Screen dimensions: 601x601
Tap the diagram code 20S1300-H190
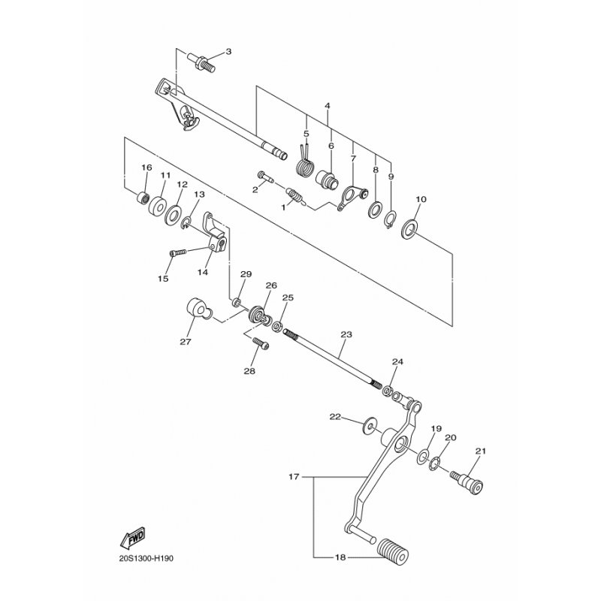click(146, 558)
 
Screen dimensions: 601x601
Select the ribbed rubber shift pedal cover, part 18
click(393, 551)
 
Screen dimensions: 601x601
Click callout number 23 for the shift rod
click(346, 334)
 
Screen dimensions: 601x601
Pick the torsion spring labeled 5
click(306, 163)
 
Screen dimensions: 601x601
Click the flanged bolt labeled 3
click(201, 63)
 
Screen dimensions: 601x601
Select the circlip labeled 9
click(391, 219)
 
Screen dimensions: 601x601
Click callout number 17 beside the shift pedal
click(294, 477)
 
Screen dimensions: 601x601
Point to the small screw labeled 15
click(177, 252)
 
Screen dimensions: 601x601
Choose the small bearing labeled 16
click(143, 198)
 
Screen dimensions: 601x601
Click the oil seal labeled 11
click(158, 206)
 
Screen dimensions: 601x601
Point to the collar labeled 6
click(327, 179)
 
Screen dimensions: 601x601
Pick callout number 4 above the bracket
click(327, 105)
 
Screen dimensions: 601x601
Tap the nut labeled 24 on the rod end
click(388, 391)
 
